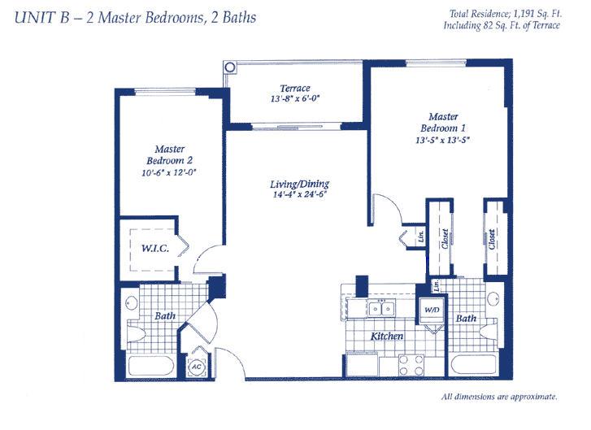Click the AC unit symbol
pyautogui.click(x=197, y=367)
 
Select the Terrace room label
pyautogui.click(x=295, y=88)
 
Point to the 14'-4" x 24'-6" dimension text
pyautogui.click(x=299, y=194)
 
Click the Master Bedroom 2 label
pyautogui.click(x=170, y=154)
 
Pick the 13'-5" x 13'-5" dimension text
pyautogui.click(x=443, y=140)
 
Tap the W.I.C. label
pyautogui.click(x=155, y=249)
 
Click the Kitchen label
pyautogui.click(x=387, y=337)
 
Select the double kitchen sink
pyautogui.click(x=381, y=309)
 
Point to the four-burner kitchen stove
pyautogui.click(x=411, y=365)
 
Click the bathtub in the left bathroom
pyautogui.click(x=151, y=365)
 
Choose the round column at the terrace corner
pyautogui.click(x=229, y=67)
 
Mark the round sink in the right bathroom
pyautogui.click(x=493, y=299)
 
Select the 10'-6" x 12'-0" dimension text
pyautogui.click(x=170, y=172)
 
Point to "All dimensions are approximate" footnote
pyautogui.click(x=499, y=397)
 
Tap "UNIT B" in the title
pyautogui.click(x=41, y=18)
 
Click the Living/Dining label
pyautogui.click(x=300, y=184)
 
